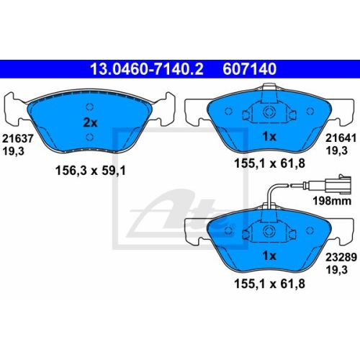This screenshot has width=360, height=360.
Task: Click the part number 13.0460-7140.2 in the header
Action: [x=147, y=69]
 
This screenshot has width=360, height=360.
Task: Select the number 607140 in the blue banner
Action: [x=250, y=69]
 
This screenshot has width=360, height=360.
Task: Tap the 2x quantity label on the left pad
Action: [x=90, y=123]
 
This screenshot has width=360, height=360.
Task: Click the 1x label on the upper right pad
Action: [x=269, y=137]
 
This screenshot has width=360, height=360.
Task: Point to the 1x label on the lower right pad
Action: [x=269, y=256]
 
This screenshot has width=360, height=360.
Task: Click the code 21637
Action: [x=18, y=138]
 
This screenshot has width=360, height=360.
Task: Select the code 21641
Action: [x=341, y=138]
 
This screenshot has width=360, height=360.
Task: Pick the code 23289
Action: [x=341, y=257]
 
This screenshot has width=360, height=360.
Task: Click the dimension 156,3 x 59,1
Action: [x=91, y=171]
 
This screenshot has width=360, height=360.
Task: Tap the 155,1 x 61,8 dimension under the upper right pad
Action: [x=269, y=163]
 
